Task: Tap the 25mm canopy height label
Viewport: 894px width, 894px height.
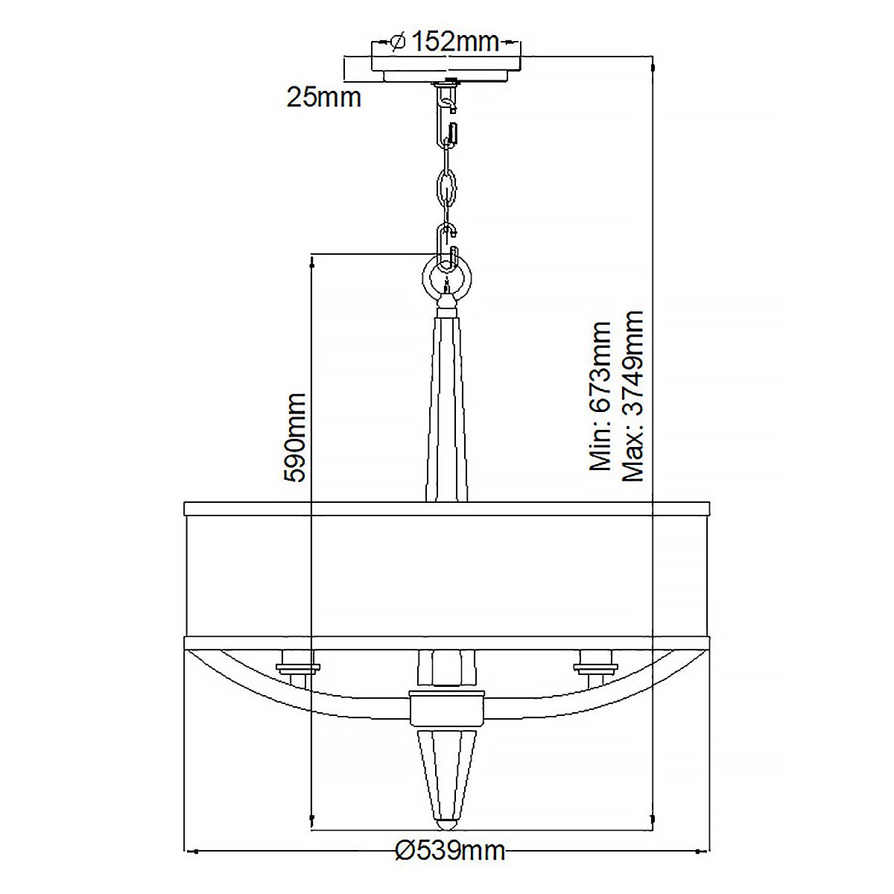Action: coord(324,97)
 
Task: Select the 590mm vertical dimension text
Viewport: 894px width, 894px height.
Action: coord(296,438)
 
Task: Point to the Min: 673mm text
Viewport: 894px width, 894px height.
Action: coord(600,396)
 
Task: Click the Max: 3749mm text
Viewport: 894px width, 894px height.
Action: coord(633,396)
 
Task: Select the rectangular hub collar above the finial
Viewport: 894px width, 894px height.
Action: coord(446,708)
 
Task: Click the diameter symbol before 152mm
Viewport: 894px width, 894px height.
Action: coord(397,42)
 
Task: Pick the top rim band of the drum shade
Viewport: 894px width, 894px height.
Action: coord(446,509)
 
